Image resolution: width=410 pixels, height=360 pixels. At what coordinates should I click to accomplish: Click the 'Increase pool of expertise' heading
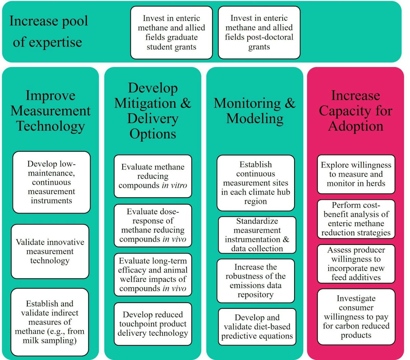pyautogui.click(x=48, y=31)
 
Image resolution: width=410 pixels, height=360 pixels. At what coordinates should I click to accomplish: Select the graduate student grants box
pyautogui.click(x=172, y=33)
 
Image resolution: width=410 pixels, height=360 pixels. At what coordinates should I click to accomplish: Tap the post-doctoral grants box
pyautogui.click(x=259, y=32)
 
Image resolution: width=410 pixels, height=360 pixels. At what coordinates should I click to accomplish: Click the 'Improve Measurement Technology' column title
pyautogui.click(x=50, y=111)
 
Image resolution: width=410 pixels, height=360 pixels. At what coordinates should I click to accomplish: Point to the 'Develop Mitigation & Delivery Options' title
pyautogui.click(x=153, y=111)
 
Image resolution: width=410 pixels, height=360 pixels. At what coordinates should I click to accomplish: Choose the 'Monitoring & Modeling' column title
pyautogui.click(x=255, y=111)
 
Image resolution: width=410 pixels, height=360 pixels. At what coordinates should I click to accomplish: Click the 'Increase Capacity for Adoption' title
pyautogui.click(x=355, y=111)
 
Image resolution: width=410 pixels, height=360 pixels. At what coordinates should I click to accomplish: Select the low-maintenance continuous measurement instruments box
pyautogui.click(x=52, y=182)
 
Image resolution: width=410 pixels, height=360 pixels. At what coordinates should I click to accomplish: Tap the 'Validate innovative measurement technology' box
pyautogui.click(x=50, y=251)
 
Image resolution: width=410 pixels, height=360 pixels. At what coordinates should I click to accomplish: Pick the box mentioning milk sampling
pyautogui.click(x=50, y=322)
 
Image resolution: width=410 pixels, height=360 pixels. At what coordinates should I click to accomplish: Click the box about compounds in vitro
pyautogui.click(x=153, y=176)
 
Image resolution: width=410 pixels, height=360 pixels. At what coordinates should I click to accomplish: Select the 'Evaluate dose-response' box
pyautogui.click(x=153, y=225)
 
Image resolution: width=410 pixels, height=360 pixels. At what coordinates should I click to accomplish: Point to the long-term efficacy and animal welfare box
pyautogui.click(x=153, y=275)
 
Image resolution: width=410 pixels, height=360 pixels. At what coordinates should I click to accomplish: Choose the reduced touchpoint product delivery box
pyautogui.click(x=153, y=324)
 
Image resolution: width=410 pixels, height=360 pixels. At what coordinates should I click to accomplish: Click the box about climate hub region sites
pyautogui.click(x=256, y=183)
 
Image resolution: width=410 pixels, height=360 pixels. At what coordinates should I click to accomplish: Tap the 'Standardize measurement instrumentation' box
pyautogui.click(x=257, y=235)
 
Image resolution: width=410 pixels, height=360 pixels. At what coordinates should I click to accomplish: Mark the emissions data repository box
pyautogui.click(x=256, y=281)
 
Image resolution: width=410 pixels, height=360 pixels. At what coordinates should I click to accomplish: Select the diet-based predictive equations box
pyautogui.click(x=257, y=327)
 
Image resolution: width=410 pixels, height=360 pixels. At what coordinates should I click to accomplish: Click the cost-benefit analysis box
pyautogui.click(x=356, y=219)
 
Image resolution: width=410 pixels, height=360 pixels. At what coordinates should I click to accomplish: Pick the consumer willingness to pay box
pyautogui.click(x=356, y=317)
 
